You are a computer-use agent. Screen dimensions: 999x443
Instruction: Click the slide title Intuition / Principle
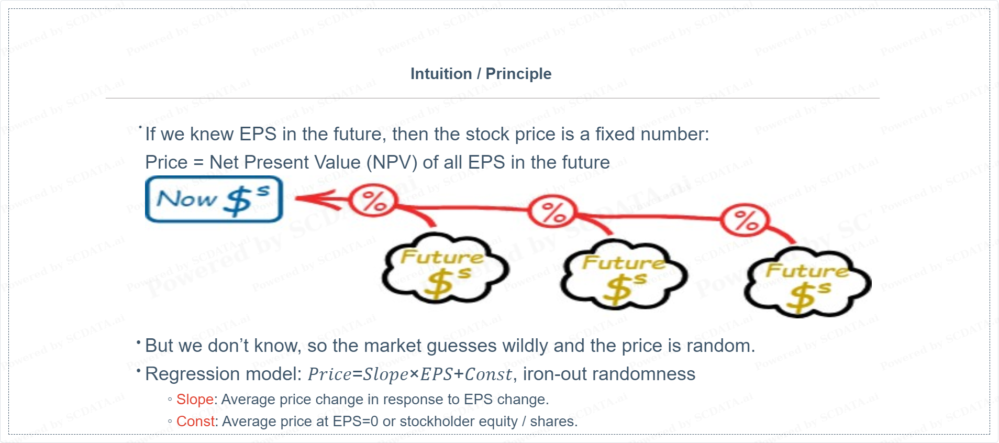[x=481, y=74]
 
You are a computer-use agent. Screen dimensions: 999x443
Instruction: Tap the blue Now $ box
[x=214, y=200]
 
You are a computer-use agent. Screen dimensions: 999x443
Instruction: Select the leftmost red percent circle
[x=373, y=201]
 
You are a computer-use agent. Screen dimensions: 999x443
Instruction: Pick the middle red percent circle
[x=552, y=212]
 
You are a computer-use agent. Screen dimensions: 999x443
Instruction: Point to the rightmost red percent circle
[x=745, y=220]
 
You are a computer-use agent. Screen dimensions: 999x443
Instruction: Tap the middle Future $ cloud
[x=624, y=273]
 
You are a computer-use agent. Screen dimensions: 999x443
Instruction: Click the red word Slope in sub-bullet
[x=195, y=400]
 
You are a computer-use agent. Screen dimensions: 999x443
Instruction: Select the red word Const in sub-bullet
[x=195, y=422]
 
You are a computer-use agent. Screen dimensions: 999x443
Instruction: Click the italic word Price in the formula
[x=330, y=374]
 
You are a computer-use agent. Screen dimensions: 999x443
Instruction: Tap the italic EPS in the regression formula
[x=436, y=374]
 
